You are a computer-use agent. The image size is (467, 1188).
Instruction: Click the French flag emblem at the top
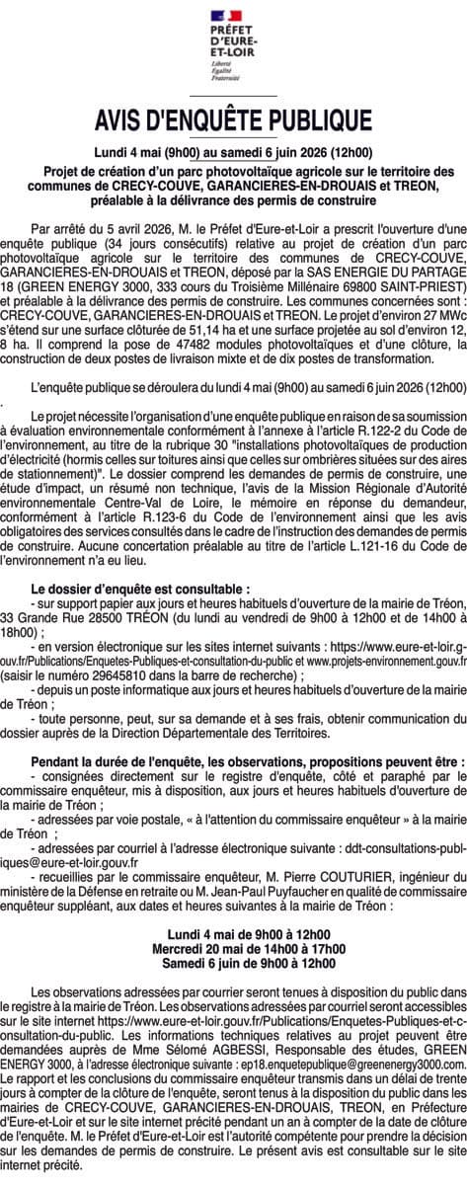pyautogui.click(x=234, y=15)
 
